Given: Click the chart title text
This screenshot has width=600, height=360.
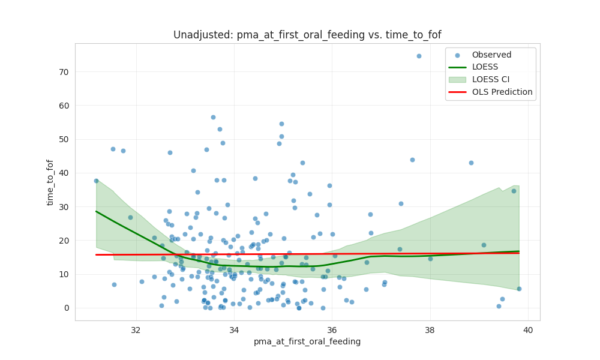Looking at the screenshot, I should point(307,35).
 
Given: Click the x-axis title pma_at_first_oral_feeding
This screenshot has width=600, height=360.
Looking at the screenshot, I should point(307,341).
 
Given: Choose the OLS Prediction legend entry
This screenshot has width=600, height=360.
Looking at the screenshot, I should point(502,92).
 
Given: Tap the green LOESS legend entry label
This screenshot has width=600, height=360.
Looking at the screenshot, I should point(484,67).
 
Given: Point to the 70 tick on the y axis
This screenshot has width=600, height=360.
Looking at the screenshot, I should point(63,72).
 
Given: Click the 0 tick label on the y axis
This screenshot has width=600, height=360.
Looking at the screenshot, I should point(66,308).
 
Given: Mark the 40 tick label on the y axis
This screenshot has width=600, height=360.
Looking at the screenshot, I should point(63,173).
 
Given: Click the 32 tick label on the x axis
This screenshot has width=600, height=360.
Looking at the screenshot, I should point(136,330).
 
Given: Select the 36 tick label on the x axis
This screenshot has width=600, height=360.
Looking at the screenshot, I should point(332,330).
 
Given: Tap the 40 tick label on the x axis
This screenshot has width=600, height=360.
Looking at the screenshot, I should point(528,330).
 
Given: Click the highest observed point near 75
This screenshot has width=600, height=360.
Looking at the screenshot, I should point(419,56).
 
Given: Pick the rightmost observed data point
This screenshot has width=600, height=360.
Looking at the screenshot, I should point(519,289).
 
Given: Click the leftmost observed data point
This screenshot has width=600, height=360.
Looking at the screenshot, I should point(96,181).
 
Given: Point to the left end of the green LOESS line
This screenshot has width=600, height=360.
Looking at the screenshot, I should point(96,211).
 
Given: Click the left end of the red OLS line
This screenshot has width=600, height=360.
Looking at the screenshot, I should point(96,254).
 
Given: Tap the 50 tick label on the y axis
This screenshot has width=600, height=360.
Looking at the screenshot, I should point(63,139).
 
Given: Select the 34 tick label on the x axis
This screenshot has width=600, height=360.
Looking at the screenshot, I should point(234,330).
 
